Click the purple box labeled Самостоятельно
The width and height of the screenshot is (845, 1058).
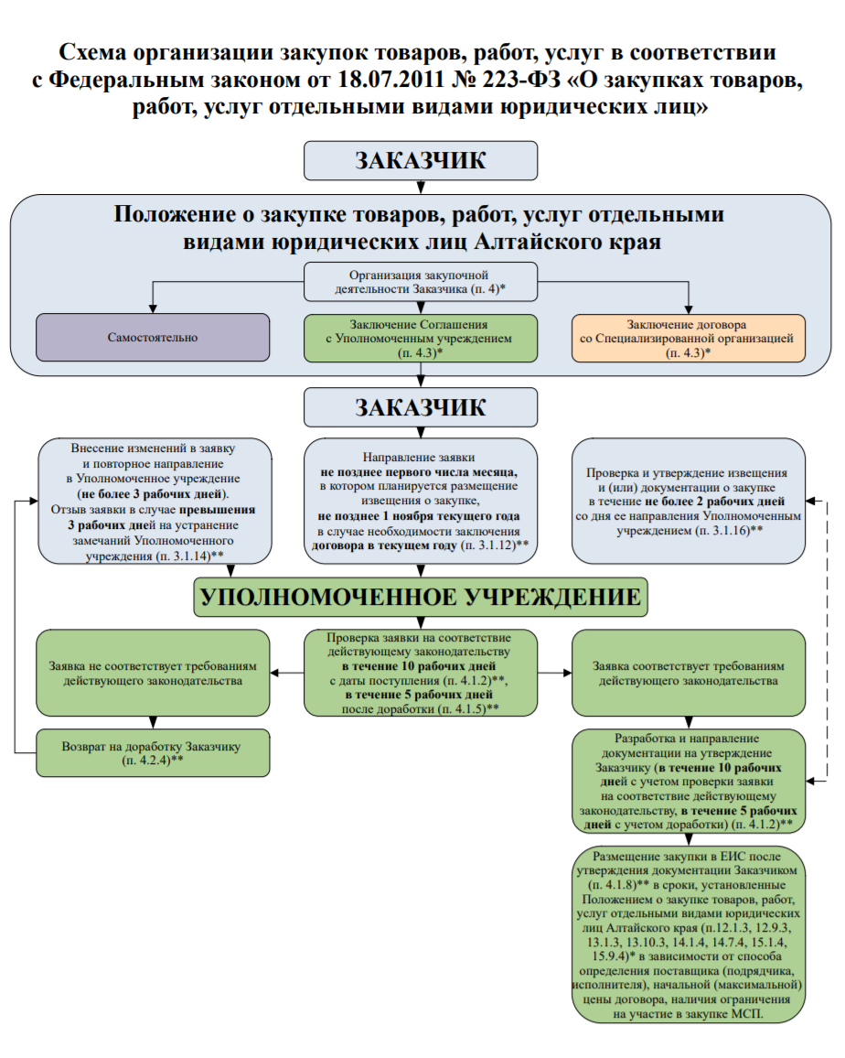[x=153, y=338]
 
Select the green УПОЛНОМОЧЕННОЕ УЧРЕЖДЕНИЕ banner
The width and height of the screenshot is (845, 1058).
[x=421, y=597]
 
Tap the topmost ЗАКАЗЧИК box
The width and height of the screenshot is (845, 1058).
[x=421, y=160]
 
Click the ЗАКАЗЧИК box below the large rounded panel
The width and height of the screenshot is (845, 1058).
[x=421, y=407]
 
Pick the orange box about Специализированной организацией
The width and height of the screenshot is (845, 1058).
[x=689, y=338]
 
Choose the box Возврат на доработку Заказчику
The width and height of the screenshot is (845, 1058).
[x=153, y=753]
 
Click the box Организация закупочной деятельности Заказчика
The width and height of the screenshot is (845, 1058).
[x=421, y=281]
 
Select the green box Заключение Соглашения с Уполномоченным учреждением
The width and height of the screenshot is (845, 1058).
[x=421, y=338]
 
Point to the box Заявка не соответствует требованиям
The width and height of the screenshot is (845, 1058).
[x=153, y=673]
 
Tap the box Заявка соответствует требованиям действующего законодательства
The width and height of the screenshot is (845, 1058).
[x=689, y=673]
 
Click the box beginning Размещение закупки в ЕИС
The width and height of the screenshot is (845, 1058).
[x=689, y=934]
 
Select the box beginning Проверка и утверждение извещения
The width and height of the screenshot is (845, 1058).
[x=689, y=501]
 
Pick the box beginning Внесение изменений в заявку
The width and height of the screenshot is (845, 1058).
[x=155, y=501]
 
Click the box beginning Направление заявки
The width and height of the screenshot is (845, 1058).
[x=421, y=501]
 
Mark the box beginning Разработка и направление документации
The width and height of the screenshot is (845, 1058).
[x=689, y=782]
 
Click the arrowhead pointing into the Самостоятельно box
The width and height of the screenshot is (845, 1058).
[x=153, y=308]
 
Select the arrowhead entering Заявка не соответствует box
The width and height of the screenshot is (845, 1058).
[x=274, y=673]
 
